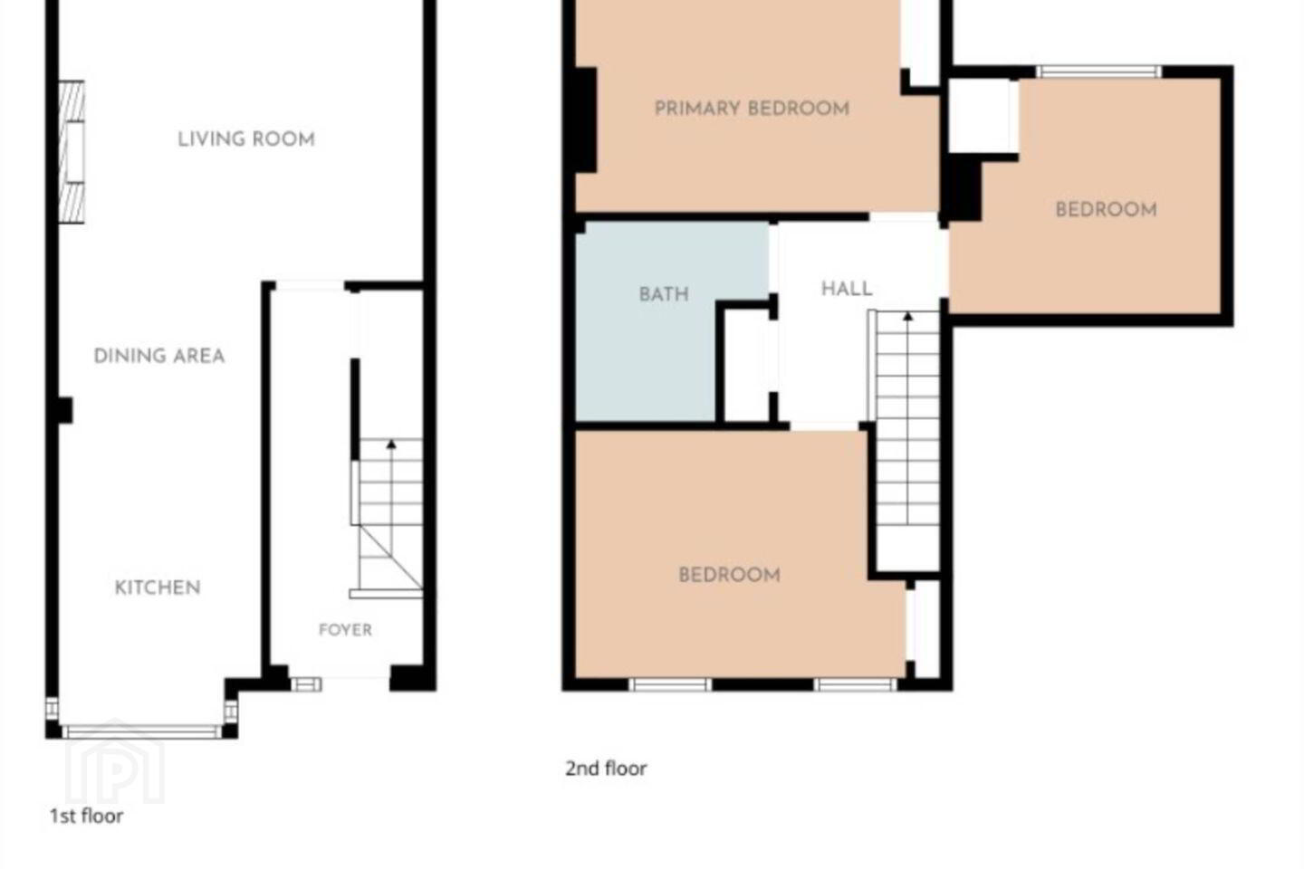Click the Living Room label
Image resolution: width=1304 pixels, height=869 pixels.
point(246,139)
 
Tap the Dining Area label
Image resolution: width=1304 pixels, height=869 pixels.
point(159,356)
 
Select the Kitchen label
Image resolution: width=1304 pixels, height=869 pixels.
point(158,587)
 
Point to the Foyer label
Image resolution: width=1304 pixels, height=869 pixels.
point(345,629)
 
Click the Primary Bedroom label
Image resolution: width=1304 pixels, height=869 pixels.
point(753,109)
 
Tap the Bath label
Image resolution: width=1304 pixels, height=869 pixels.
point(665,294)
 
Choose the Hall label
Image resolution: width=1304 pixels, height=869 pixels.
point(847,288)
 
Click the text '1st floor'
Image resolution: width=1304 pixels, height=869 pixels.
point(86,816)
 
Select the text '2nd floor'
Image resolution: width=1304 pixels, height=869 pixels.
point(606,769)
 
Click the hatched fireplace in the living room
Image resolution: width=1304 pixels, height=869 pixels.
point(72,152)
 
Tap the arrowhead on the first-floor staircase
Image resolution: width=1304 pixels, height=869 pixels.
point(391,444)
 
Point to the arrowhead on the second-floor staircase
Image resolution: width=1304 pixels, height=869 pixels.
point(907,316)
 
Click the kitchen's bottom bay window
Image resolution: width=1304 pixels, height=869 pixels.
point(142,731)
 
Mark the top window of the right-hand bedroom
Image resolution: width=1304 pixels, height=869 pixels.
point(1098,72)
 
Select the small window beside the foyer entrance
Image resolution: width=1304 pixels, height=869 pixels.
point(306,684)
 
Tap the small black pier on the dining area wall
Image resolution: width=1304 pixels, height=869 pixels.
point(65,410)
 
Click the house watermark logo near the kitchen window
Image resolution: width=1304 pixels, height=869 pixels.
point(115,761)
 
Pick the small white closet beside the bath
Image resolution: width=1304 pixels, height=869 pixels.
point(747,365)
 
